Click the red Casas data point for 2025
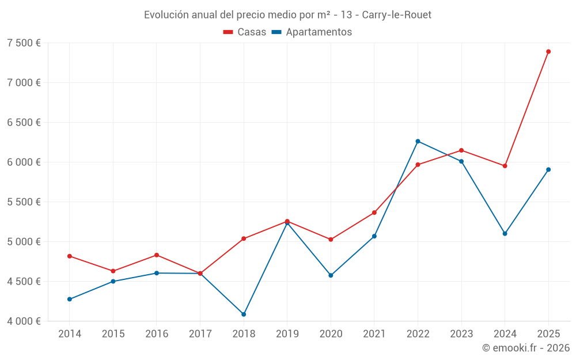coord(548,52)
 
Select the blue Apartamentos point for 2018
coord(244,314)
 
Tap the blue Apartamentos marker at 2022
coord(418,141)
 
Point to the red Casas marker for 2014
coord(70,256)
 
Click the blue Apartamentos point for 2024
coord(505,234)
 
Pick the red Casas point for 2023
coord(461,150)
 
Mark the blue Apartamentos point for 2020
coord(331,275)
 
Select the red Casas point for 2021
coord(374,213)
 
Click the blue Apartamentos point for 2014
coord(70,300)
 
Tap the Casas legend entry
coord(245,32)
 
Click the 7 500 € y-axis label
coord(24,43)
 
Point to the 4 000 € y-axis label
coord(24,321)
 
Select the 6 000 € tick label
coord(24,162)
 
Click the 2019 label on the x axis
coord(287,334)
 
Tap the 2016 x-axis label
coord(157,334)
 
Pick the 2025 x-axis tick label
coord(548,334)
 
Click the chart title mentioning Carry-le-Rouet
coord(287,14)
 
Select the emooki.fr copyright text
coord(525,348)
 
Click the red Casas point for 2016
coord(157,255)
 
